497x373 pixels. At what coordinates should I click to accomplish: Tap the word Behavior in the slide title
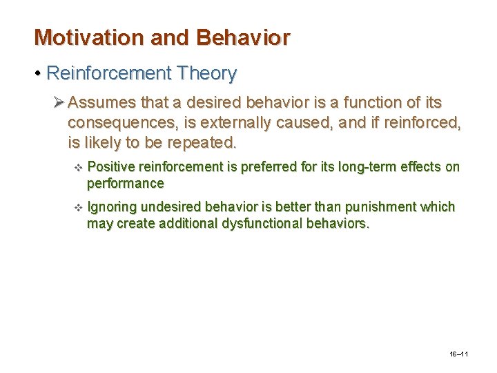[x=243, y=37]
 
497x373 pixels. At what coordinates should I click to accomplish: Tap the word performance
[x=125, y=183]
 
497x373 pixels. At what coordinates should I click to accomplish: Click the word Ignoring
[x=113, y=207]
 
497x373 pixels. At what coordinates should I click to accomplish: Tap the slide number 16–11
[x=458, y=354]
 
